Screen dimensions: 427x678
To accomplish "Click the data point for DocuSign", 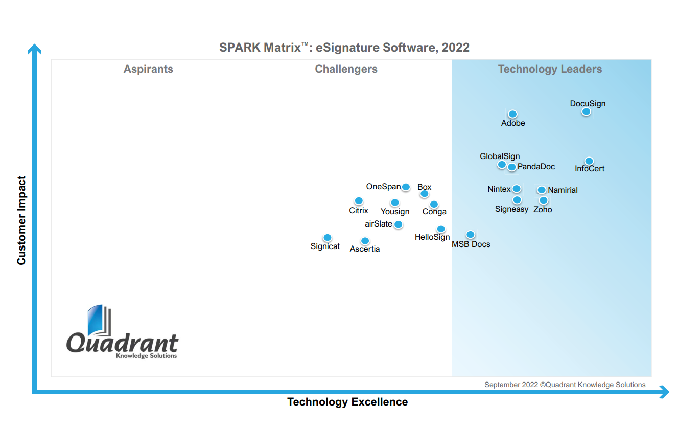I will tap(586, 111).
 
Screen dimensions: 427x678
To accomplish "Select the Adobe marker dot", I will tap(512, 114).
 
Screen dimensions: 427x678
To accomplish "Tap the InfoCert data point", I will tap(589, 161).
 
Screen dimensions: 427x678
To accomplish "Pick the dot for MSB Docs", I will tap(471, 235).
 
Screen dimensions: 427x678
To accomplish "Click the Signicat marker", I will tap(328, 238).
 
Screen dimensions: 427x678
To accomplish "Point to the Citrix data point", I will tap(359, 201).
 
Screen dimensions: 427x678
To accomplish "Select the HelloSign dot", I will tap(441, 229).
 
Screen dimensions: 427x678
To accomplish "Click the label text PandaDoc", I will tap(536, 167).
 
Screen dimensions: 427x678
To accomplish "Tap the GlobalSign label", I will tap(500, 156).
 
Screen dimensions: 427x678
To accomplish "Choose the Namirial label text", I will tap(563, 190).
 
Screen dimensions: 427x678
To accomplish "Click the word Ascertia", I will tap(365, 249).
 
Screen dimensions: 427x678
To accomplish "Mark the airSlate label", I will tap(379, 224).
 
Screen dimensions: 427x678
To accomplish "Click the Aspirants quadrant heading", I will tap(148, 69).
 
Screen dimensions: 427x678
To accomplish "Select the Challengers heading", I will tap(346, 69).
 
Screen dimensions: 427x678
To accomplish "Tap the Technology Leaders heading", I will tap(550, 69).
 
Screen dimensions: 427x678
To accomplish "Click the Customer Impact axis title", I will tap(21, 220).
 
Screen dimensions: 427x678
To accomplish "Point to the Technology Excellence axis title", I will tap(347, 402).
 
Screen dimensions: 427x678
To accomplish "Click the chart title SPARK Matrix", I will tap(344, 48).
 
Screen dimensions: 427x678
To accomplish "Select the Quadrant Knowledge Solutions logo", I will tap(122, 332).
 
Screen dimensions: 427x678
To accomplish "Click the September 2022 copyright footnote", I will tap(565, 385).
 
